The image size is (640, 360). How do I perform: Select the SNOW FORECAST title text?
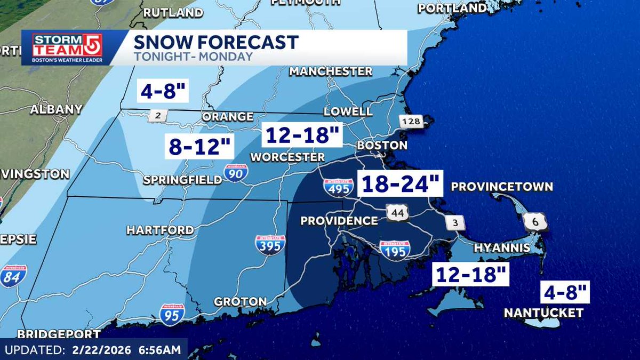pos(215,42)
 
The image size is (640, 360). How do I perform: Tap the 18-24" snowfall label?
pos(400,185)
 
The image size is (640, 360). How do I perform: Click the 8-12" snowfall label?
pos(200,146)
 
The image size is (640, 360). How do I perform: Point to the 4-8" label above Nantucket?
pos(565,292)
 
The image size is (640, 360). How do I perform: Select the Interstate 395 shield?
pos(269,244)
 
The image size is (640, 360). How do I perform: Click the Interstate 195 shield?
pos(395,249)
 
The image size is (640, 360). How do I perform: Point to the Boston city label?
pos(382,145)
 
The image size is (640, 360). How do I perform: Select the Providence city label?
pos(339,221)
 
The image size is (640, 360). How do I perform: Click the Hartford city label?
pos(160,230)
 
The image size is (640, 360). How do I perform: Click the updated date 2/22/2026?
pos(104,350)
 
